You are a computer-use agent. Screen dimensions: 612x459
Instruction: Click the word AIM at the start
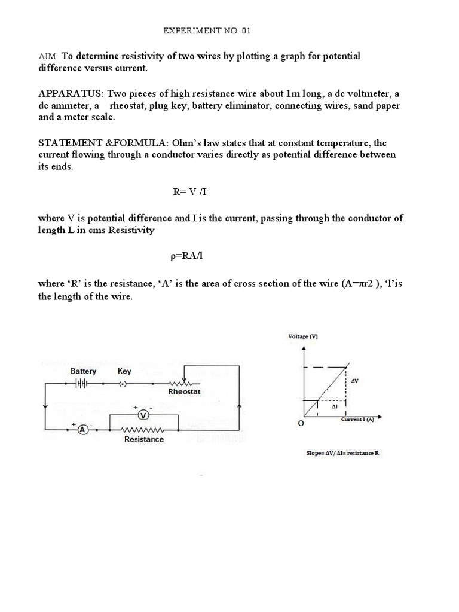(48, 56)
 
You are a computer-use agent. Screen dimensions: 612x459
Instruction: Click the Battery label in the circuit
(83, 371)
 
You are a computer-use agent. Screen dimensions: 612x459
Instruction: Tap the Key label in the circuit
(124, 371)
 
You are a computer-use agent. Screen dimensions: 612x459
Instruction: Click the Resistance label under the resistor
(143, 439)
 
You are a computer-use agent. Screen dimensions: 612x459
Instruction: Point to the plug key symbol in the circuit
(124, 384)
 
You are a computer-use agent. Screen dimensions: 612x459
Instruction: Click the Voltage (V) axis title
(304, 336)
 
